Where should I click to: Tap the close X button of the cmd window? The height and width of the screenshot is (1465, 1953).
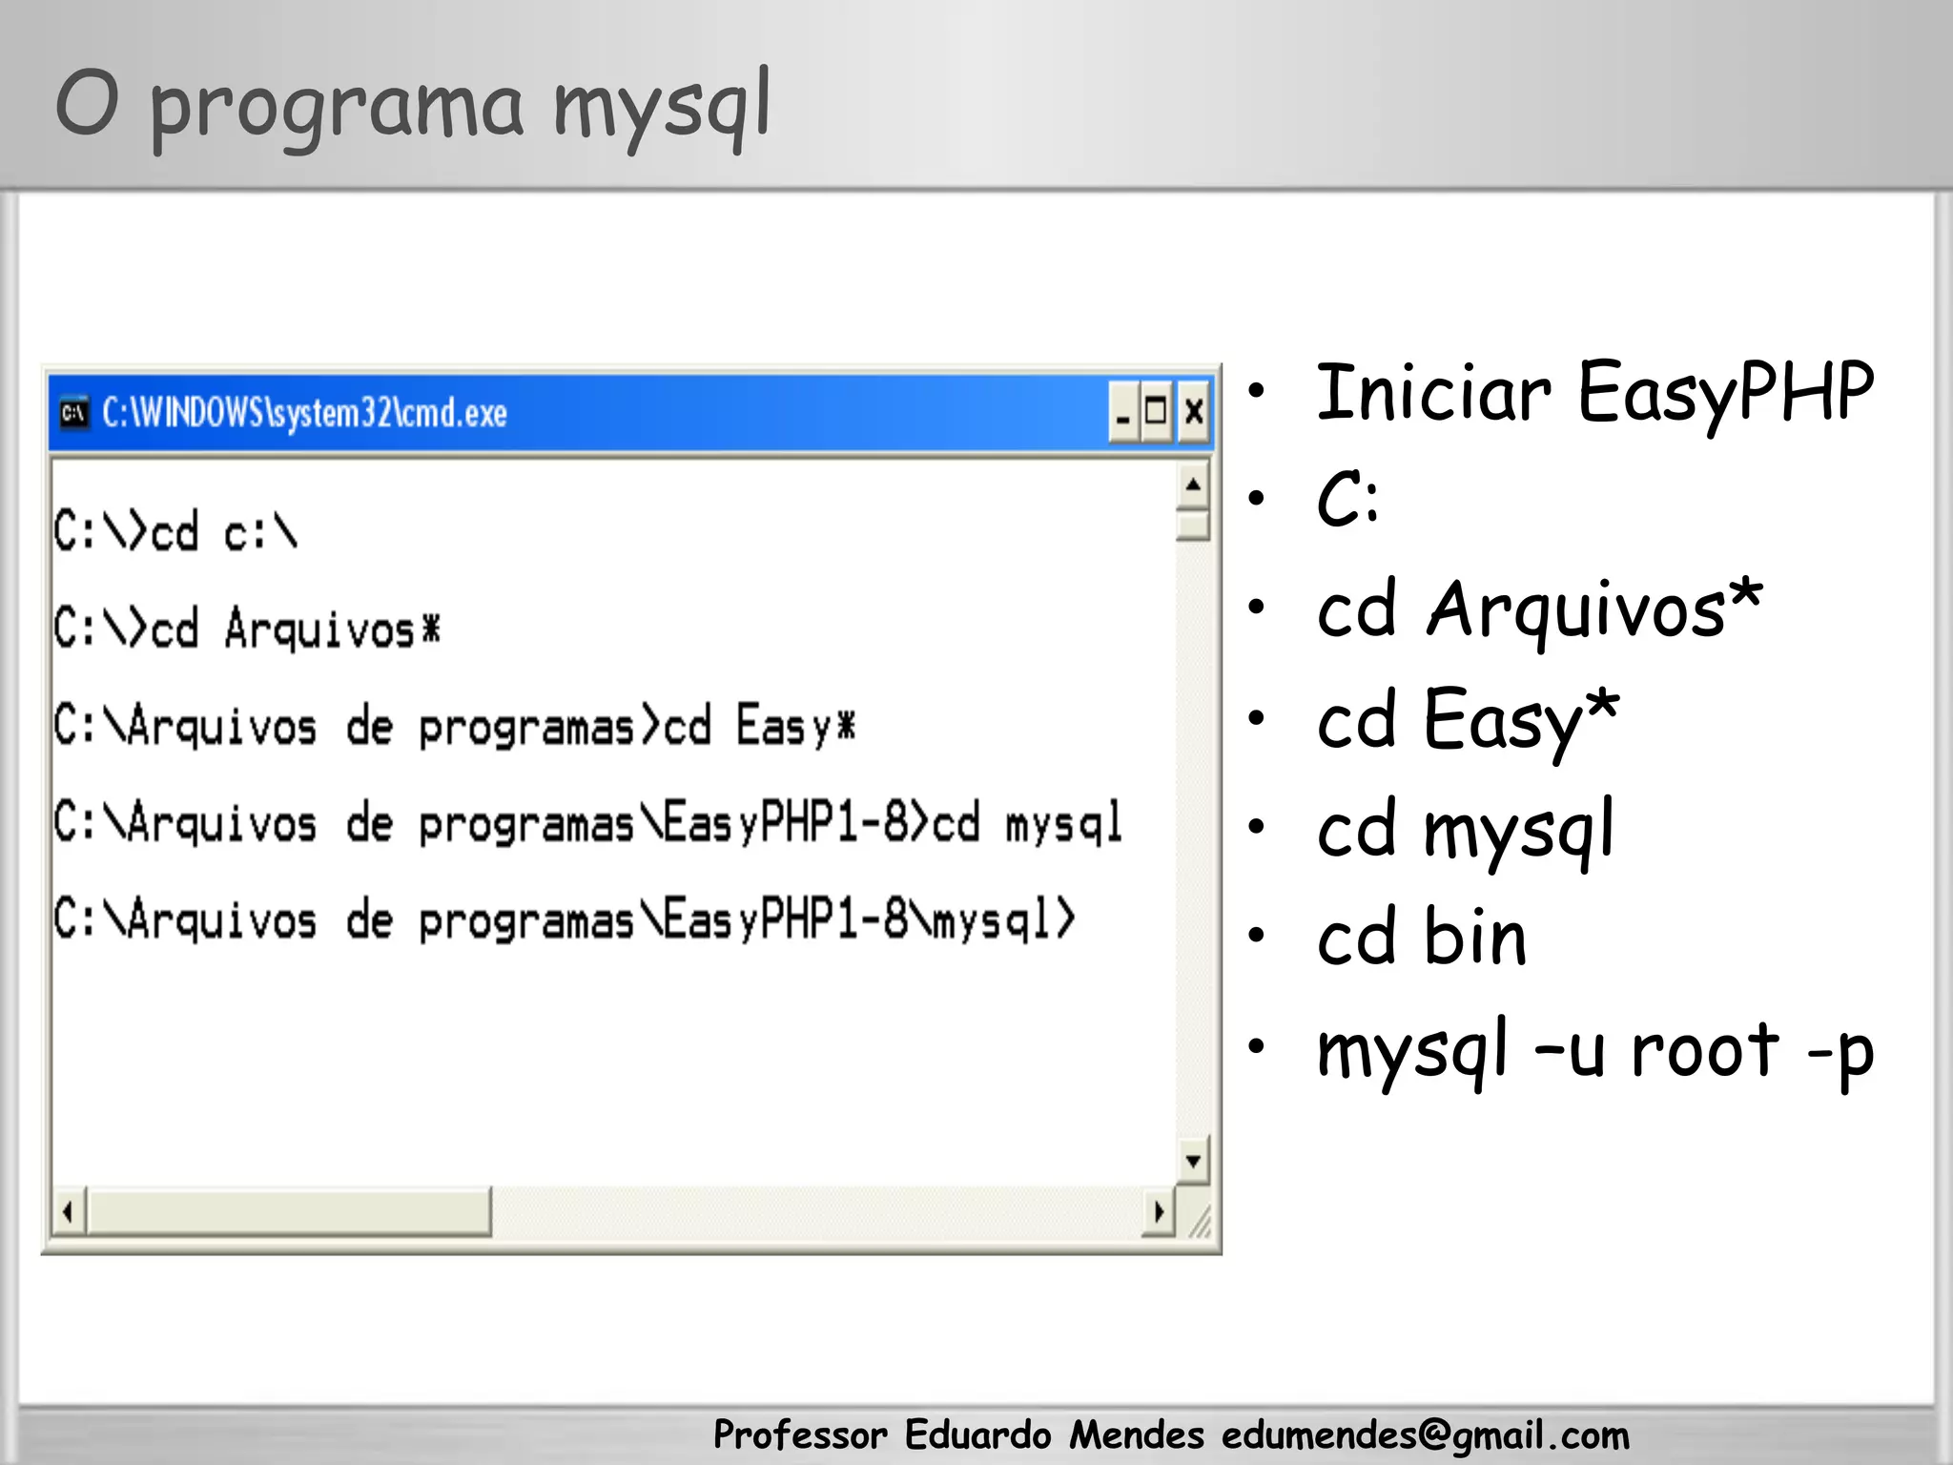tap(1193, 412)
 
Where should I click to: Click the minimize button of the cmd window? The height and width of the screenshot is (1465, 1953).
tap(1124, 412)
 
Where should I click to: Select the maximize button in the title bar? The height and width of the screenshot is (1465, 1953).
tap(1157, 412)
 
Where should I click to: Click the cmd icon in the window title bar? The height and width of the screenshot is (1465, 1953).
tap(73, 413)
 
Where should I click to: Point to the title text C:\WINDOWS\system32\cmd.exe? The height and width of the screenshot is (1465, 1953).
tap(304, 413)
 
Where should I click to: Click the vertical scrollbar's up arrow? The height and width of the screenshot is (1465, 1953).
tap(1192, 485)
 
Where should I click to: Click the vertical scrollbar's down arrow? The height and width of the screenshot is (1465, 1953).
tap(1192, 1161)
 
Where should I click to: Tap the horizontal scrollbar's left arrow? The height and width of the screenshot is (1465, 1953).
tap(68, 1212)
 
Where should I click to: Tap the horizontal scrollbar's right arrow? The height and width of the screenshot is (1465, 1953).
tap(1159, 1212)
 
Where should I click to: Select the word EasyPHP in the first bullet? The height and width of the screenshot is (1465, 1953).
tap(1725, 393)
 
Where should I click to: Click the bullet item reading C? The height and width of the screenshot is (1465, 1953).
tap(1347, 501)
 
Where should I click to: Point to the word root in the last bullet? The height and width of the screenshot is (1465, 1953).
tap(1704, 1050)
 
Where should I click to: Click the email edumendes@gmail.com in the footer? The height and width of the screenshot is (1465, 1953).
tap(1425, 1435)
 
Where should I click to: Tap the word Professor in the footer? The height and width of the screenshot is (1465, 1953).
tap(800, 1435)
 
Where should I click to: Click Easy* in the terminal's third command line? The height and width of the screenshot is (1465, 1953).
tap(795, 726)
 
